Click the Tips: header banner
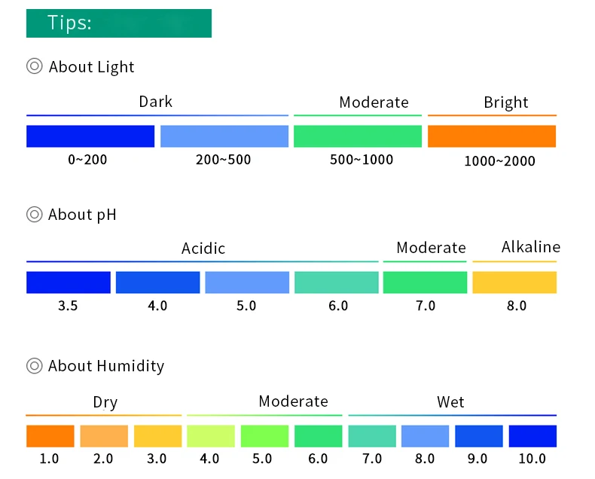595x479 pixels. click(119, 23)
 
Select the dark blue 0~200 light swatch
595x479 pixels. click(90, 136)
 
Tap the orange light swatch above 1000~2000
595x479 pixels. click(492, 136)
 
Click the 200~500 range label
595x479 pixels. click(224, 160)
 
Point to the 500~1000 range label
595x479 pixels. click(362, 160)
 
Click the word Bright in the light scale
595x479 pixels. click(506, 102)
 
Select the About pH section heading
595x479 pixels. click(82, 215)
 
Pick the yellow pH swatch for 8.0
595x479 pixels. click(514, 282)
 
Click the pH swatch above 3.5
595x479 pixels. click(69, 282)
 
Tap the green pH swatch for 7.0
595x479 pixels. click(425, 282)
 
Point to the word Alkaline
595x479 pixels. click(531, 247)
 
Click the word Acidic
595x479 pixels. click(203, 249)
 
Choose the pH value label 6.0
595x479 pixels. click(338, 306)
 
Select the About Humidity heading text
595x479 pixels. click(105, 366)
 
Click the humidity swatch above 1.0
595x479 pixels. click(50, 436)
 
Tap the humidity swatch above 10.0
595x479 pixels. click(532, 436)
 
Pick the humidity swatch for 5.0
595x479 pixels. click(264, 436)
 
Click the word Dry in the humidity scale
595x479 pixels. click(105, 402)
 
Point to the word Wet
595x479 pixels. click(450, 402)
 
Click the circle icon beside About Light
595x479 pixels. click(35, 66)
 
